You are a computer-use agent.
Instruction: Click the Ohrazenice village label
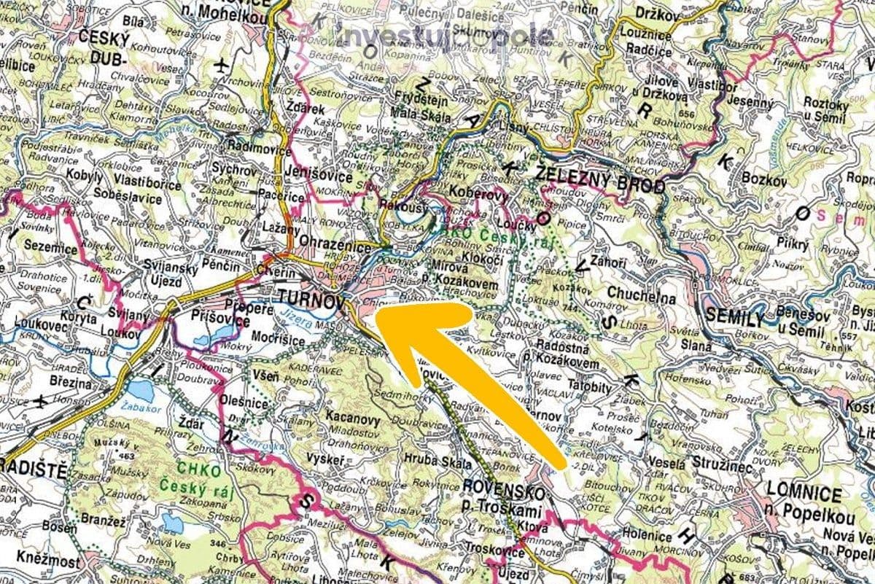tap(338, 249)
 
